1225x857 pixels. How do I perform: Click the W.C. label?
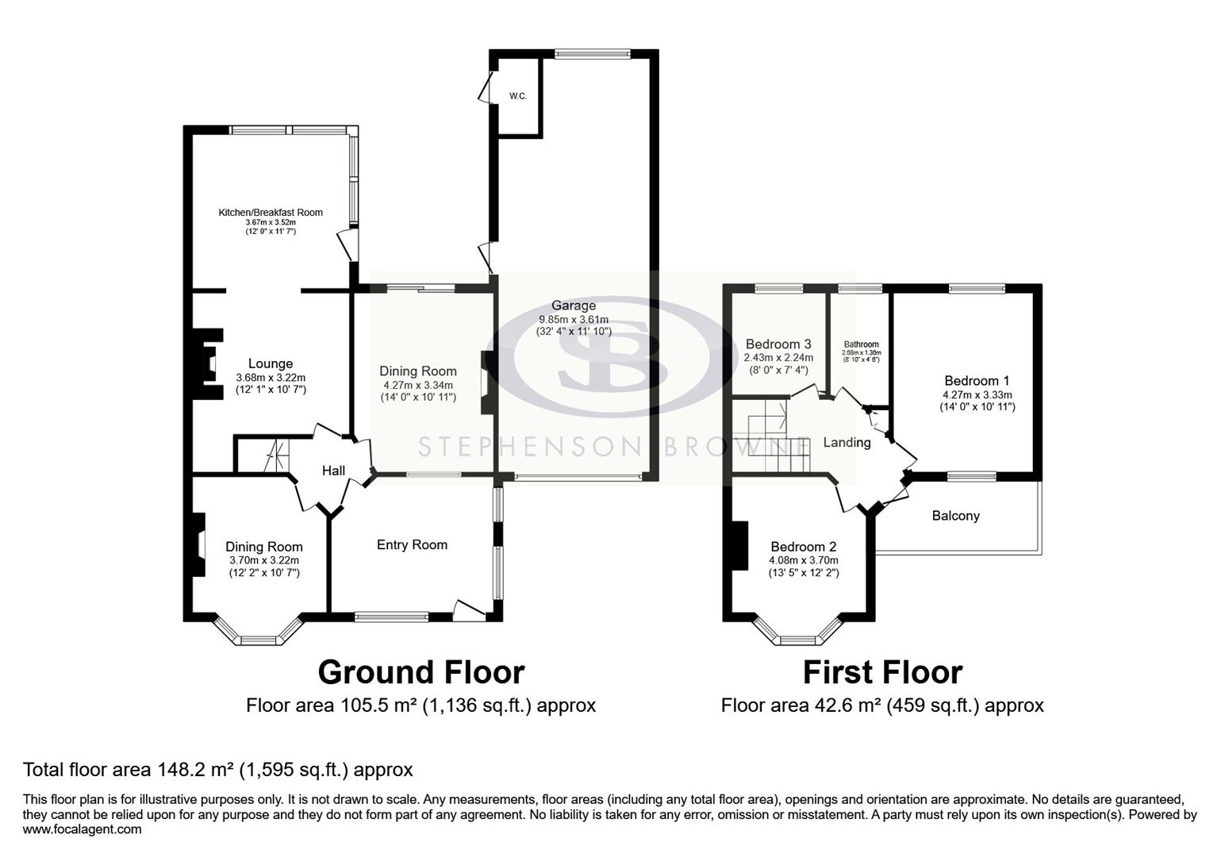[x=517, y=96]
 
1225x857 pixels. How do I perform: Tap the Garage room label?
[x=574, y=306]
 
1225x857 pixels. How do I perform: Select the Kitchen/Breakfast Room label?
[x=271, y=212]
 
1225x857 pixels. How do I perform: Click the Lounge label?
[x=271, y=364]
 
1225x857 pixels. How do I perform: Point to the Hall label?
[x=333, y=471]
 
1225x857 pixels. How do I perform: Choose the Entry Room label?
[x=412, y=545]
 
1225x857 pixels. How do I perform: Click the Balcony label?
[x=955, y=516]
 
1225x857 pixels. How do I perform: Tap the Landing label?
[x=847, y=443]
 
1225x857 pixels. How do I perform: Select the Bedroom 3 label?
[x=778, y=344]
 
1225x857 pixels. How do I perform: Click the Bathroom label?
[x=861, y=344]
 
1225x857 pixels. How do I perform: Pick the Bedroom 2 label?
[x=803, y=547]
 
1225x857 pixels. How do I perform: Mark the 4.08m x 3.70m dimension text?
[x=803, y=560]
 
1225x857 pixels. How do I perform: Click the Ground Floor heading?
[x=420, y=673]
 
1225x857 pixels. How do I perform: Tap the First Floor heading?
[x=882, y=673]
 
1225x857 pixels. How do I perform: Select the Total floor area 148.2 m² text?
[x=218, y=770]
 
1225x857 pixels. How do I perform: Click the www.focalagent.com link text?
[x=83, y=830]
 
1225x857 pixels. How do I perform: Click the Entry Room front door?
[x=468, y=609]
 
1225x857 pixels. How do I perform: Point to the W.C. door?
[x=484, y=86]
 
